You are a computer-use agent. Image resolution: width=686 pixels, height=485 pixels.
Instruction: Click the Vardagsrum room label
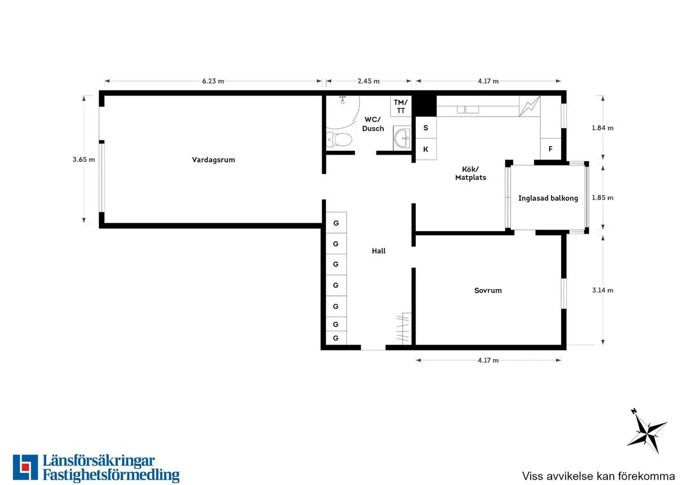tap(213, 160)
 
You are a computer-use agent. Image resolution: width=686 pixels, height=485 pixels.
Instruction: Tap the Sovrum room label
tap(488, 290)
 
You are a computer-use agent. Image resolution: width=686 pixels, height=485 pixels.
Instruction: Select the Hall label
tap(378, 251)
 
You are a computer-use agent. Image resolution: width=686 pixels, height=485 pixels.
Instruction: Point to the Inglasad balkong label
tap(548, 199)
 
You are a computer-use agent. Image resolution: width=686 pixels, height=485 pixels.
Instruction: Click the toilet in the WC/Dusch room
tap(339, 140)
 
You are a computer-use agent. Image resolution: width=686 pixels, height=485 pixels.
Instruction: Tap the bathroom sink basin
tap(402, 138)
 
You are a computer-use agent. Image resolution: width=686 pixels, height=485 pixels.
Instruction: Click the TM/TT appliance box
tap(401, 106)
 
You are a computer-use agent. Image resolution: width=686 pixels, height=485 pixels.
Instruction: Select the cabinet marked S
tap(426, 128)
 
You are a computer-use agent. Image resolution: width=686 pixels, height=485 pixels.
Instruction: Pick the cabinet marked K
tap(426, 149)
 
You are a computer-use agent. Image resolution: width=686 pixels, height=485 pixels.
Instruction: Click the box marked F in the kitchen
tap(550, 149)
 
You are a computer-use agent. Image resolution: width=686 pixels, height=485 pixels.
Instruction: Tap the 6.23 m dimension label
tap(213, 81)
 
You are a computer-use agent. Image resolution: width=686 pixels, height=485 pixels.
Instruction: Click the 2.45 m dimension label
tap(369, 81)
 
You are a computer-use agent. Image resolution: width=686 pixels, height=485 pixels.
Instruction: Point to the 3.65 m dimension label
tap(84, 159)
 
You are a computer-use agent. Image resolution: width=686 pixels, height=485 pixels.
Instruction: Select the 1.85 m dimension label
tap(602, 198)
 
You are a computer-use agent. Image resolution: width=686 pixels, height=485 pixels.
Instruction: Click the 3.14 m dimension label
tap(603, 290)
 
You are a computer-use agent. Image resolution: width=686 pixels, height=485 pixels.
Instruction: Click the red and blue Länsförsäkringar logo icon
tap(25, 467)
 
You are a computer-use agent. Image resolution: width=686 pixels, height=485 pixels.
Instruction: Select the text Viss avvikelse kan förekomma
tap(599, 476)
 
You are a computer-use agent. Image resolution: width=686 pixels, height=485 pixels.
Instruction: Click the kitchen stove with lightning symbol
tap(530, 106)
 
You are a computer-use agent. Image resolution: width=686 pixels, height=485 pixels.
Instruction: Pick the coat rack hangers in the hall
tap(402, 328)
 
